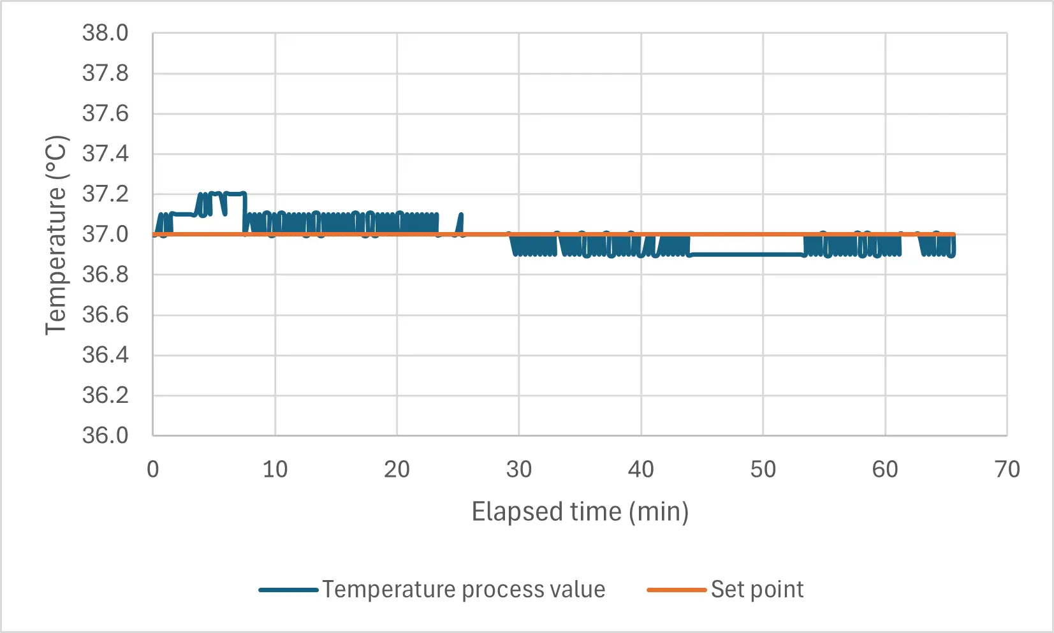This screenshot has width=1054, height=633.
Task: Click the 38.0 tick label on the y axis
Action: click(x=105, y=33)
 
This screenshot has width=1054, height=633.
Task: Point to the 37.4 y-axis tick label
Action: click(x=105, y=154)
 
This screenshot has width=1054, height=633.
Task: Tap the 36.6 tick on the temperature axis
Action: click(x=105, y=315)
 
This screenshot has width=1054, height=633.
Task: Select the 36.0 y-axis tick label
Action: click(x=105, y=435)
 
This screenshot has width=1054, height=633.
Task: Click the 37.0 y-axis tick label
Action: click(x=105, y=235)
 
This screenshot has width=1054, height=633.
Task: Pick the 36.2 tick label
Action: click(x=105, y=395)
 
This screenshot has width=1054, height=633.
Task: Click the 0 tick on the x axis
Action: click(x=153, y=470)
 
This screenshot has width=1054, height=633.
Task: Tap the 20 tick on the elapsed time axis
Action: click(x=397, y=470)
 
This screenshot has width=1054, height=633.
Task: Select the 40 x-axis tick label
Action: click(x=641, y=470)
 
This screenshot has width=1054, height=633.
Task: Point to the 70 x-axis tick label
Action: click(x=1007, y=470)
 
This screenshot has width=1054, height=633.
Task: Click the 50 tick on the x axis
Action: click(x=763, y=470)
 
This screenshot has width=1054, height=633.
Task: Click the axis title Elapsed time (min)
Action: click(x=580, y=512)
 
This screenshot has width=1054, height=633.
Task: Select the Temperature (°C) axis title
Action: click(x=56, y=235)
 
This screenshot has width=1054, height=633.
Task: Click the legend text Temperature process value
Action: click(x=464, y=590)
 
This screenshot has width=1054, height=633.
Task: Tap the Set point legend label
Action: click(x=757, y=590)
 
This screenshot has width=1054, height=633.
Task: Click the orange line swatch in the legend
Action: click(x=677, y=590)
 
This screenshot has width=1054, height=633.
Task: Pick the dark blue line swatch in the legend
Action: click(x=288, y=590)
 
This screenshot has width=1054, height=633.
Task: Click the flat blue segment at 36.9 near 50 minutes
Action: click(x=746, y=254)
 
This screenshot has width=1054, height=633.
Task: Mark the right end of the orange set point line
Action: click(x=953, y=235)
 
